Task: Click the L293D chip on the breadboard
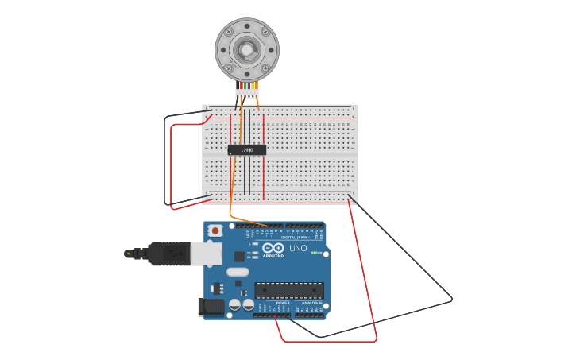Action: [247, 149]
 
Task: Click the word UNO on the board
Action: [298, 249]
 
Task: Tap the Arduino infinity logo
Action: [273, 248]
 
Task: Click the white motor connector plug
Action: [247, 93]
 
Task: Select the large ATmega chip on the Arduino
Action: [289, 290]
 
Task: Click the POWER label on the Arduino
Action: [283, 303]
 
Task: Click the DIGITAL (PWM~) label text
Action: [296, 237]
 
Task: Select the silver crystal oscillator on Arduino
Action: [238, 272]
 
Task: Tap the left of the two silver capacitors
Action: [235, 305]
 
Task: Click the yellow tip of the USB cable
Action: [128, 254]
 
